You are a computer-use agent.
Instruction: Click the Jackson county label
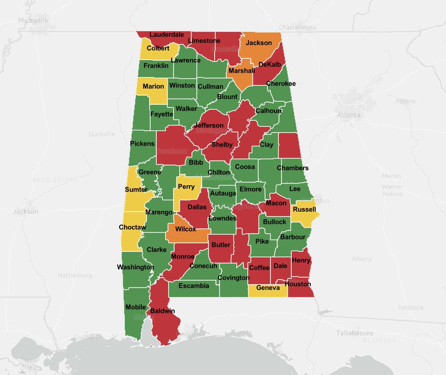[259, 43]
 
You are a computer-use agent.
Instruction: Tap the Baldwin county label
[163, 311]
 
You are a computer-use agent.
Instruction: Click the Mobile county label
[136, 307]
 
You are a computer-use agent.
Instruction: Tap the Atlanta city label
[348, 115]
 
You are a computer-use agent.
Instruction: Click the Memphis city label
[33, 20]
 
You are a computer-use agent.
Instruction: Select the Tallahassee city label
[355, 333]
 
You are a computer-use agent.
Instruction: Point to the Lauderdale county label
[167, 35]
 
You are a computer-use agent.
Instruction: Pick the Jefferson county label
[209, 125]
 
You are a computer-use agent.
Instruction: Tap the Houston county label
[298, 284]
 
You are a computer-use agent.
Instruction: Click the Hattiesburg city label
[75, 275]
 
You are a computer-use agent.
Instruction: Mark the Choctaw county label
[133, 227]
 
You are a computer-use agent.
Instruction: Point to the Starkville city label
[102, 134]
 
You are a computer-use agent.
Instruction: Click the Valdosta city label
[410, 307]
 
